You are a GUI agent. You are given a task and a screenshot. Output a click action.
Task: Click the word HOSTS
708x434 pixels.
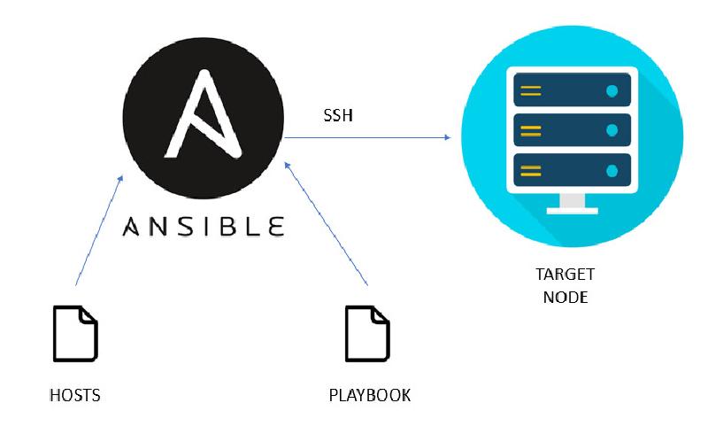tap(74, 395)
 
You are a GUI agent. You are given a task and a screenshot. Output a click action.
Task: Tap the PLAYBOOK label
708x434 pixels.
tap(369, 395)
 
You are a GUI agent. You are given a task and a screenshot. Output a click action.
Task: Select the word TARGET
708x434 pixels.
tap(566, 274)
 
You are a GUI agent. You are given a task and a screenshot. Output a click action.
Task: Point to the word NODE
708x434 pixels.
tap(566, 297)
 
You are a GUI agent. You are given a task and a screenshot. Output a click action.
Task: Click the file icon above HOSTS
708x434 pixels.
tap(75, 333)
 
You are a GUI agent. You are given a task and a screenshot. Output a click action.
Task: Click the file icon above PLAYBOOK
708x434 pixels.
tap(367, 333)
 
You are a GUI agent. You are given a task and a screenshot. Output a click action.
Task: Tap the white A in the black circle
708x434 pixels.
tap(203, 114)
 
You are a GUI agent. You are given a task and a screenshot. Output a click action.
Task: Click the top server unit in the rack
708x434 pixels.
tap(572, 90)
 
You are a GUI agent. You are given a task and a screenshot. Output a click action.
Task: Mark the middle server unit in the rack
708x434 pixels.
tap(572, 131)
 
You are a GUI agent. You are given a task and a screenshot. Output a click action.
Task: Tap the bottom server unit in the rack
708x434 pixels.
tap(572, 171)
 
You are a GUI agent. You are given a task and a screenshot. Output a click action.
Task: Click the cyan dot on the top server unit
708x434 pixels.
tap(612, 90)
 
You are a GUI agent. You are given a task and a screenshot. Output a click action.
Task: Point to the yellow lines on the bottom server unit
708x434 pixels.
tap(531, 171)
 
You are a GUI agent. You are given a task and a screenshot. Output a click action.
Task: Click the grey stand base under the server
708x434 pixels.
tap(572, 210)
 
